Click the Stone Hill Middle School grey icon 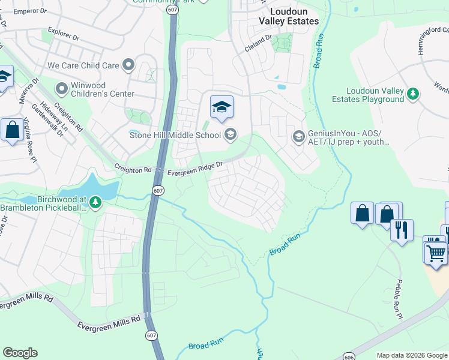point(230,134)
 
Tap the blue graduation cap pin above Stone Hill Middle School point(221,107)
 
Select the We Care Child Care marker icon point(128,65)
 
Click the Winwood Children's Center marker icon point(61,89)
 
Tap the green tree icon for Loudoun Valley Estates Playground point(412,94)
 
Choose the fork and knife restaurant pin point(402,230)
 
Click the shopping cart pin point(435,252)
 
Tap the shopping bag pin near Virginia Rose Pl point(12,130)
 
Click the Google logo point(20,353)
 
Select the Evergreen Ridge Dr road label point(195,168)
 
